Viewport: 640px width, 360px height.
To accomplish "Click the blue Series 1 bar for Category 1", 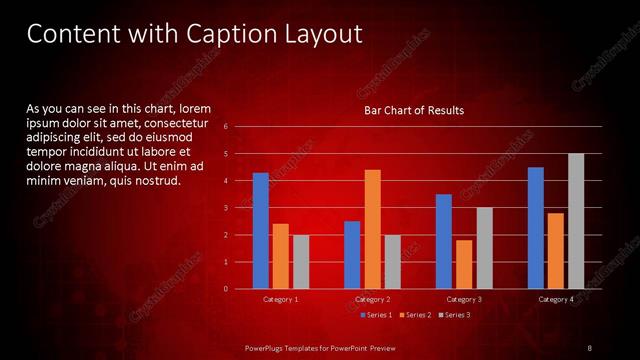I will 260,230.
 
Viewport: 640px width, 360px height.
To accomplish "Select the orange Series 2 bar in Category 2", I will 372,229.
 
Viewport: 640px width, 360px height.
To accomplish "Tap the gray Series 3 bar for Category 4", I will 576,221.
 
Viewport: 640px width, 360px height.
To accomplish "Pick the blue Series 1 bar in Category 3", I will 444,241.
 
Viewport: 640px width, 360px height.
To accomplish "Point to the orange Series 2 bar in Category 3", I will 464,264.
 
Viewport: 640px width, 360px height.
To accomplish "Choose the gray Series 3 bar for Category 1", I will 301,262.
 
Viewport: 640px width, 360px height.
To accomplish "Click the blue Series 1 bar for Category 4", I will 536,228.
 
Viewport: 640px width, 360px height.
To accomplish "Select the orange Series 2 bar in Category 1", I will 281,256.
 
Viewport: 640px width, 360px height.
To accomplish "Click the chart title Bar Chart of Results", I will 413,110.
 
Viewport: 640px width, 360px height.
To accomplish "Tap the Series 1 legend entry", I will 376,315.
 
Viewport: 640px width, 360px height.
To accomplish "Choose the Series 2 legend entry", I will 415,315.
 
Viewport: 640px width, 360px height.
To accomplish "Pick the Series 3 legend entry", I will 454,315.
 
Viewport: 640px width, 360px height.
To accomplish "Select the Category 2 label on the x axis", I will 372,299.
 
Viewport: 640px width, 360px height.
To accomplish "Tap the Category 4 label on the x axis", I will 556,299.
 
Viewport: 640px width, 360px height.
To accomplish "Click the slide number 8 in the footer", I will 590,347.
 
